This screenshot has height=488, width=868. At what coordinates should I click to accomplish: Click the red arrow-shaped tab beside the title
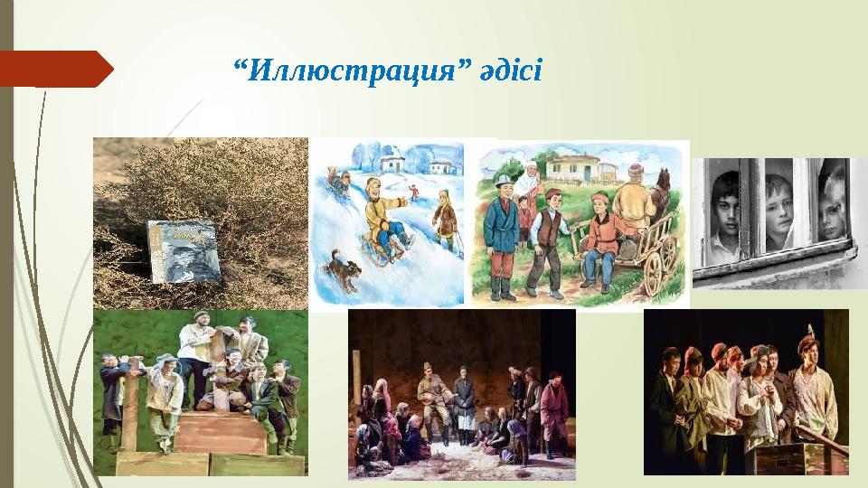(x=54, y=69)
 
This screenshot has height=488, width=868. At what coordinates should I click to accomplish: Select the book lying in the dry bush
(x=184, y=250)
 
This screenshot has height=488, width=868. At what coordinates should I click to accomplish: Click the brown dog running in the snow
(x=343, y=270)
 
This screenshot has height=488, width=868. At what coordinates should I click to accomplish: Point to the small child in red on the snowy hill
(x=413, y=192)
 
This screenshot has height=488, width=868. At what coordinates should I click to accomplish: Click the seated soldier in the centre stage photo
(x=433, y=398)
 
